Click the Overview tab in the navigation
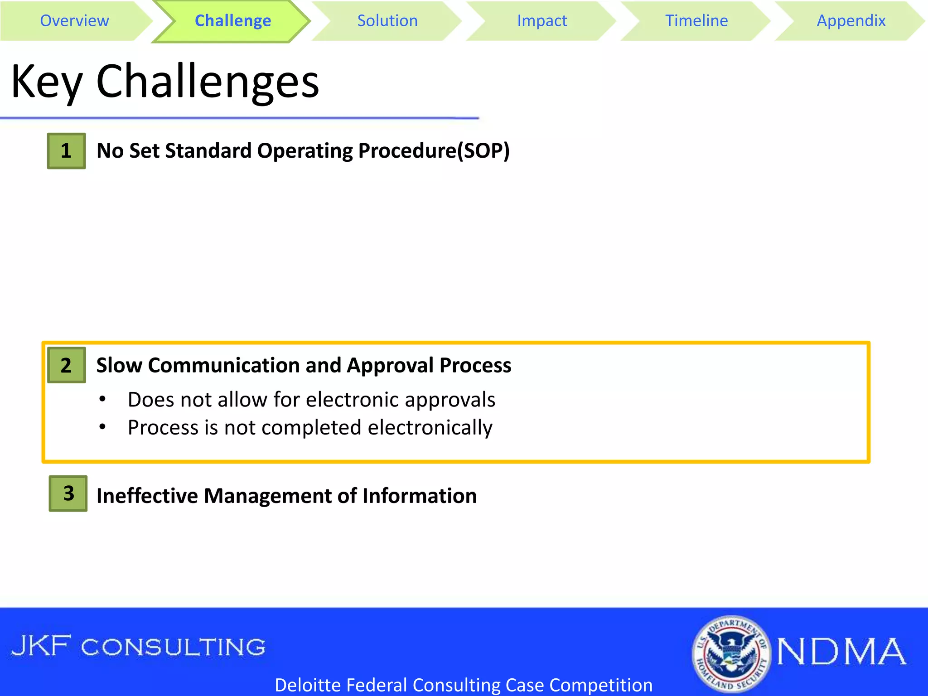74,21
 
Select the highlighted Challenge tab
232,21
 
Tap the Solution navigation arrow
387,21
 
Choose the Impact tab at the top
541,21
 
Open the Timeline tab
696,21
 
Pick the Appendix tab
851,21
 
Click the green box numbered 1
66,151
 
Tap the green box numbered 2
66,365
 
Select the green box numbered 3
68,493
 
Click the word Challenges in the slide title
208,82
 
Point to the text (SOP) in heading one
483,151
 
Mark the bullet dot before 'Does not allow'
103,399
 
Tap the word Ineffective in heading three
147,496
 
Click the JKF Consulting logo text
138,647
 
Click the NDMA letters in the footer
841,652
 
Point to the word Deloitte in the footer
308,685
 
